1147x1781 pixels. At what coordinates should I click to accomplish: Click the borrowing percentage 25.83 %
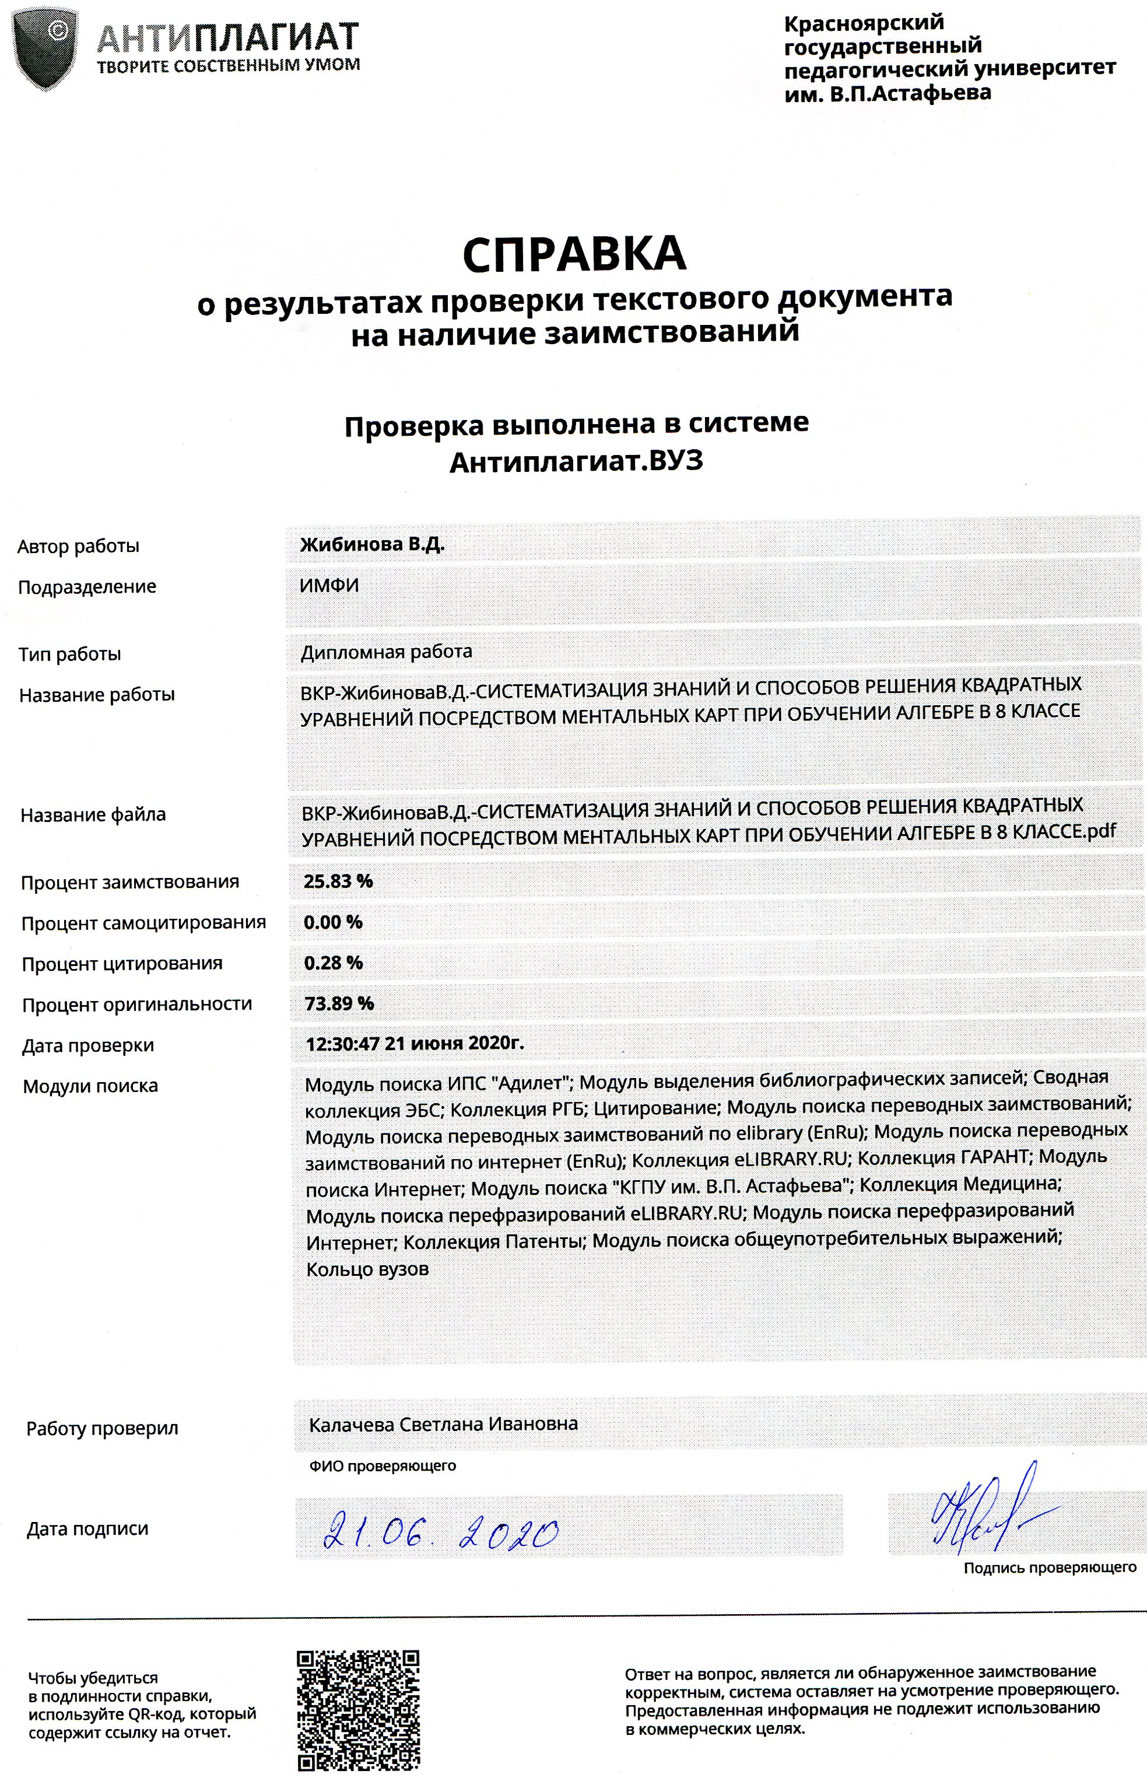(x=338, y=881)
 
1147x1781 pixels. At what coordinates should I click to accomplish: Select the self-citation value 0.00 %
(x=333, y=922)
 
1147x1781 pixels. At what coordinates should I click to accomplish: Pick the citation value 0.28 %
(x=333, y=963)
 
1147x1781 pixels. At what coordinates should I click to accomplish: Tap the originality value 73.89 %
(x=339, y=1003)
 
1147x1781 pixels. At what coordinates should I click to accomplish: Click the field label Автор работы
(x=79, y=546)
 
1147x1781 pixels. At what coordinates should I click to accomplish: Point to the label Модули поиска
(x=91, y=1086)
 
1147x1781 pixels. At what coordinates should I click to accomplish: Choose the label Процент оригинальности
(x=137, y=1004)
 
